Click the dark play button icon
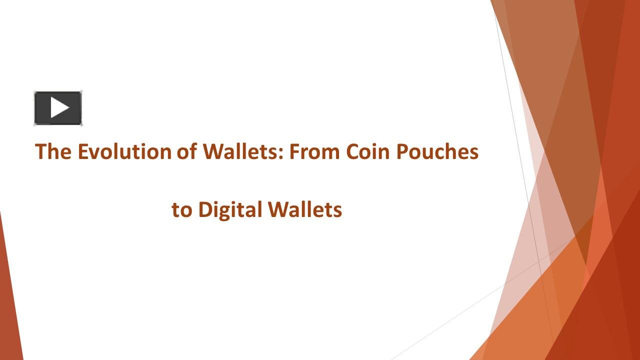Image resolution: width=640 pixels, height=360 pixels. click(x=58, y=108)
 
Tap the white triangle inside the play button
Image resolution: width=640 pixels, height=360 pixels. click(x=59, y=108)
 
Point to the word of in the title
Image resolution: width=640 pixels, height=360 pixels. click(x=187, y=151)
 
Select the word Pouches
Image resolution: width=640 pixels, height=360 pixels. click(x=437, y=151)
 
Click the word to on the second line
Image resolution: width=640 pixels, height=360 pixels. click(x=182, y=210)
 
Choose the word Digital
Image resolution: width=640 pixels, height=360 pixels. click(x=230, y=210)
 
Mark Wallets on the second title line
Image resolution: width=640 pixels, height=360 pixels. click(x=305, y=209)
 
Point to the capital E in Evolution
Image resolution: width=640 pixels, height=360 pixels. click(x=82, y=151)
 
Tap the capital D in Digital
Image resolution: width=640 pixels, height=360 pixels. click(x=205, y=209)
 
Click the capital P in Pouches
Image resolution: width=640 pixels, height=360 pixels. click(x=402, y=151)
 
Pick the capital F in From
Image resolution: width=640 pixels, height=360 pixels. click(x=294, y=151)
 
